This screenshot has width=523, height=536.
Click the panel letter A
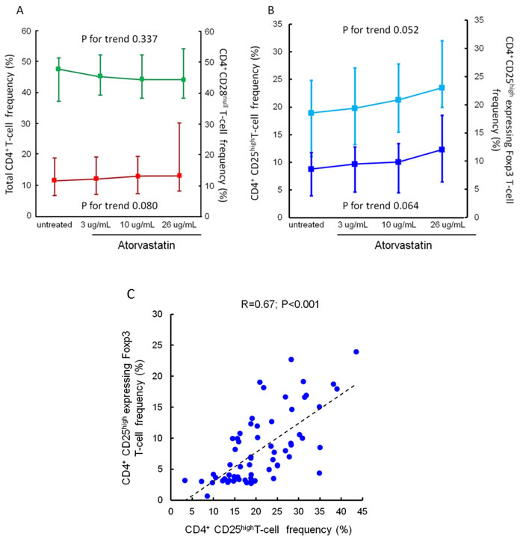10,10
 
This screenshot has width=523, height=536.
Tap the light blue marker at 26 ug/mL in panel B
442,87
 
